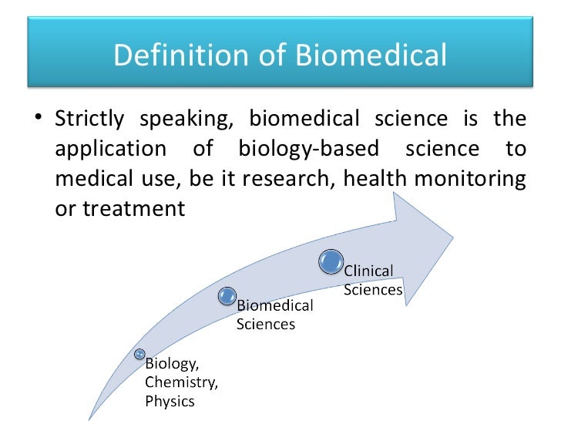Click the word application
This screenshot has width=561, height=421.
point(110,148)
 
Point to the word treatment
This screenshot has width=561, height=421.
point(120,208)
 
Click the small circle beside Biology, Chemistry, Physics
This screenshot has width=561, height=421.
point(139,354)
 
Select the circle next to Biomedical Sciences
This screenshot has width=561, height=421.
point(227,295)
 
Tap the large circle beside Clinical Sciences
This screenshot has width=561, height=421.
point(331,261)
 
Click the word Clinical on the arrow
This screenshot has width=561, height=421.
point(368,271)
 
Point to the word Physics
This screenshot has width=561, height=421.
point(170,400)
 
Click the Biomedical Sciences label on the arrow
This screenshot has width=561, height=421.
point(274,315)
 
